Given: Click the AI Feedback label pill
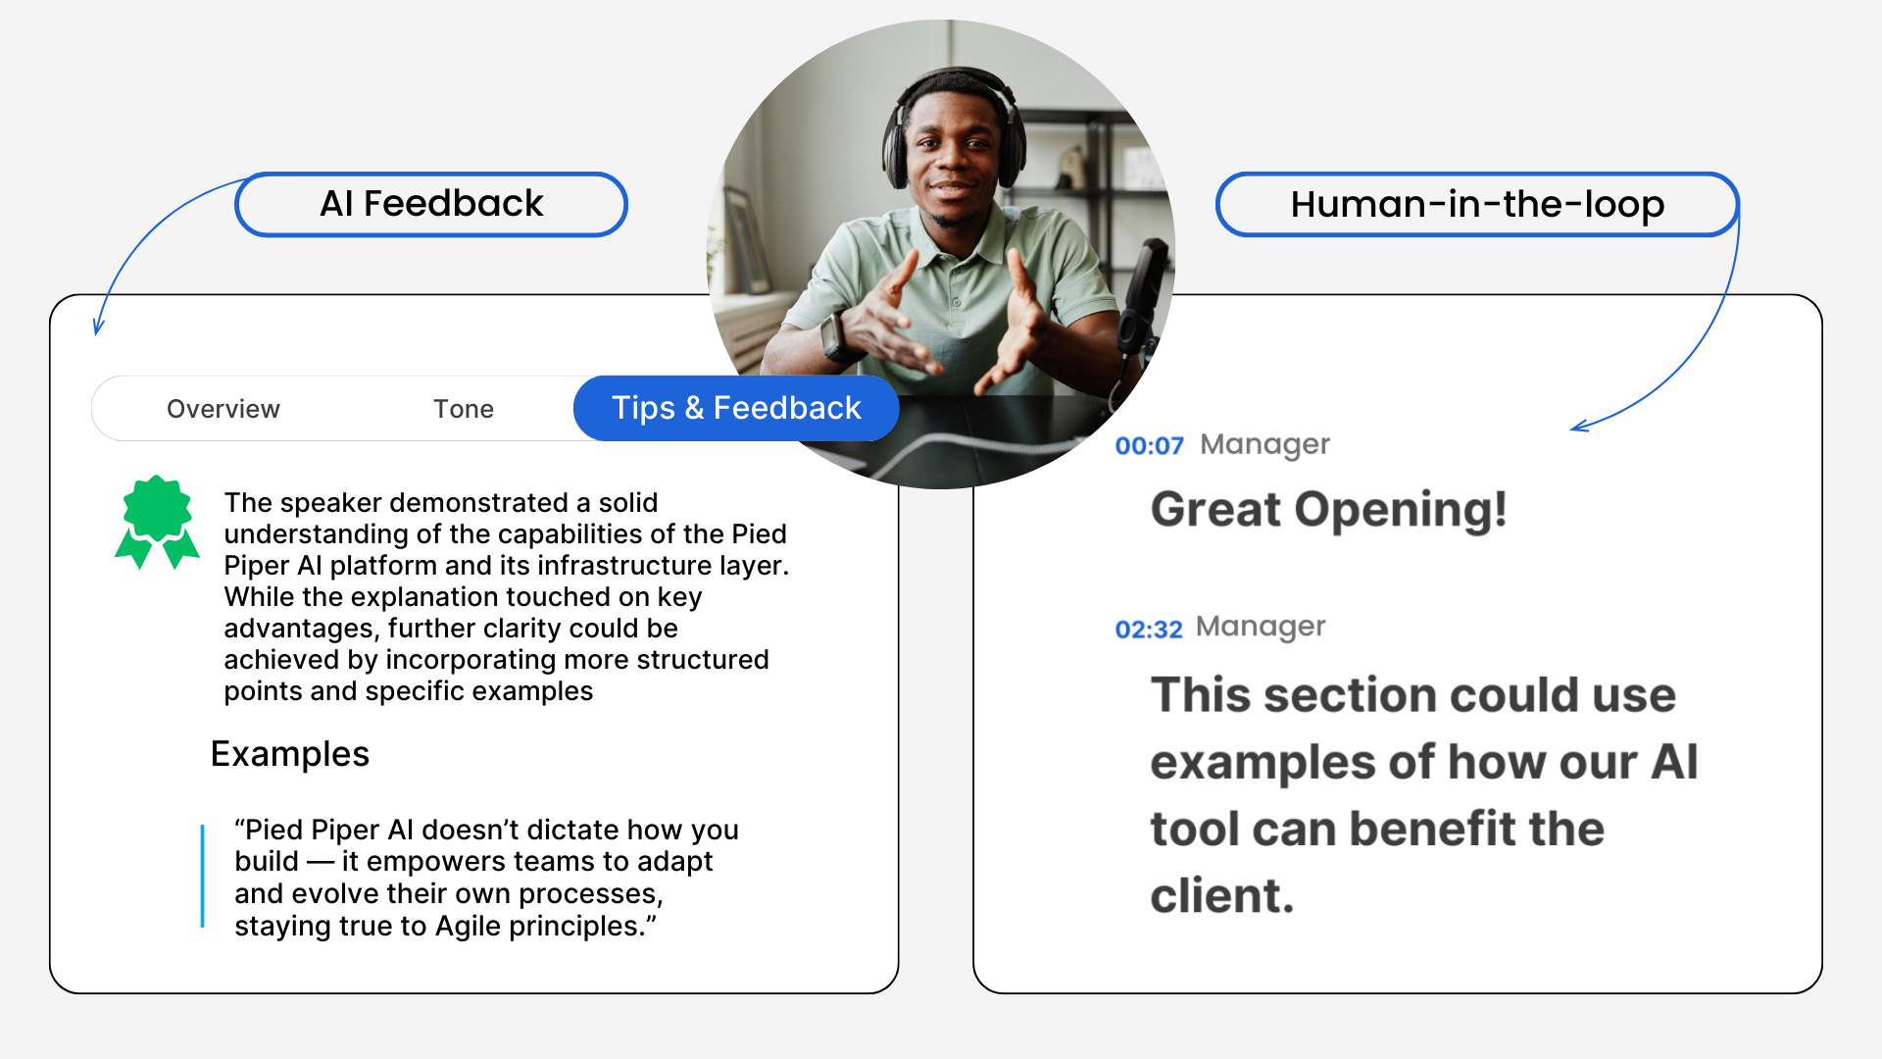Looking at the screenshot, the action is (431, 204).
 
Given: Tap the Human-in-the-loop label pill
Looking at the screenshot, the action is (1477, 204).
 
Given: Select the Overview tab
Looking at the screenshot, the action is (223, 409).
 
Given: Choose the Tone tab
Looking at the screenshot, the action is (464, 409).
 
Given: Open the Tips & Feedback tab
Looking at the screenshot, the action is (736, 408).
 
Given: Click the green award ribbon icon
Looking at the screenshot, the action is (157, 522).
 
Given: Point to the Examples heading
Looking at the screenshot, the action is (290, 754).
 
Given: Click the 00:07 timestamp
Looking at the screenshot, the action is (1150, 446).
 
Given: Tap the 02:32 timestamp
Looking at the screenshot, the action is (1149, 630).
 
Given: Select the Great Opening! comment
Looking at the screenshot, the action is (1328, 510).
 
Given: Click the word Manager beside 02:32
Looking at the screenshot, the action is (1261, 627).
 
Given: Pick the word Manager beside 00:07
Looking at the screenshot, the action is (1265, 444).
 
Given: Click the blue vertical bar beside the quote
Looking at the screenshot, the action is (203, 876).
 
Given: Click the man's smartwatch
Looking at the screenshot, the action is (836, 338).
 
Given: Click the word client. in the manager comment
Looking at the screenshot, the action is (1222, 896).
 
